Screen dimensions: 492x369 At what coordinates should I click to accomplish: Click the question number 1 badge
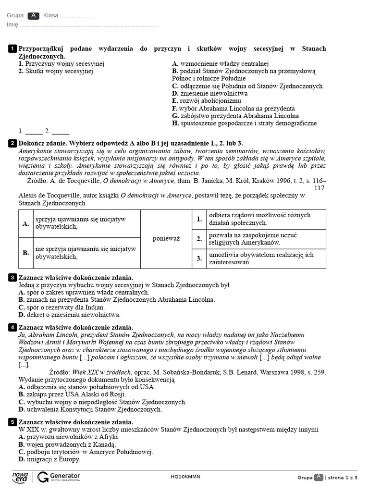pos(12,49)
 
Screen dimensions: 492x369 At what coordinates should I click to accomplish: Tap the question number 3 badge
pos(12,278)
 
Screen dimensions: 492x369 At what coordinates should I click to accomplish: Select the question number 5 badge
pos(12,422)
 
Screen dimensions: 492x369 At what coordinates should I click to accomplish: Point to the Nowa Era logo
pos(20,477)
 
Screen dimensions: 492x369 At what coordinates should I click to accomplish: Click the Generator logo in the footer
pos(59,477)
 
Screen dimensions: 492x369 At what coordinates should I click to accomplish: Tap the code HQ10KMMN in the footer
pos(185,477)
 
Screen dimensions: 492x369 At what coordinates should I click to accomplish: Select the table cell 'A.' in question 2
pos(26,224)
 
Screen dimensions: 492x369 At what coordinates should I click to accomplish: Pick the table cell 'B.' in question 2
pos(26,253)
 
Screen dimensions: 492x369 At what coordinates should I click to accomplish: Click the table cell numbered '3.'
pos(199,258)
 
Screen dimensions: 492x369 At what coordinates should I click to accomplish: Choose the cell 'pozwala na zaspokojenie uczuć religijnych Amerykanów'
pos(259,239)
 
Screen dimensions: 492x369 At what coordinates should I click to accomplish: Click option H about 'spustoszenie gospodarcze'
pos(245,123)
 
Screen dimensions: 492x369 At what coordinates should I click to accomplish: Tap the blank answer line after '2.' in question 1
pos(61,131)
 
